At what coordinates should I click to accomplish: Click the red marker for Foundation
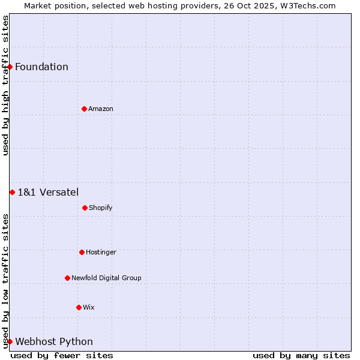point(10,67)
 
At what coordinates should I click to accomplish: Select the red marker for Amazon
point(84,109)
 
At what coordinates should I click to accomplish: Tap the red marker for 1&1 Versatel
point(12,192)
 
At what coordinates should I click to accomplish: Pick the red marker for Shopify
point(85,208)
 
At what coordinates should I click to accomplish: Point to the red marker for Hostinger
point(82,252)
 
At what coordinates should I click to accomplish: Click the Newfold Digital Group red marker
point(67,278)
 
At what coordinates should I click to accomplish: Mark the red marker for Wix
point(79,307)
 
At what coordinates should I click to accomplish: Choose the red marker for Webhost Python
point(10,341)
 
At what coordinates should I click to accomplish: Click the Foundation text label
point(41,67)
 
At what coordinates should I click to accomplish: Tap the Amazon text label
point(101,109)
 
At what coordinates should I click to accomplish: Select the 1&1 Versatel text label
point(48,192)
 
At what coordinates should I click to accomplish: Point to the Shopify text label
point(101,208)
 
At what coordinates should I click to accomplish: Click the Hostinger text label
point(101,252)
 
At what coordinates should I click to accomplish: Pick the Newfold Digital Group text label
point(106,278)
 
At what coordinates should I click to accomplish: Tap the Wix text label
point(89,307)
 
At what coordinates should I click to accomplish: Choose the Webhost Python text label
point(54,341)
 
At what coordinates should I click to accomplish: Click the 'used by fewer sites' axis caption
point(62,355)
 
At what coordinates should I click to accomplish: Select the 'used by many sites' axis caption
point(301,355)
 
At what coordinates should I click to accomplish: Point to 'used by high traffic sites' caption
point(5,85)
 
